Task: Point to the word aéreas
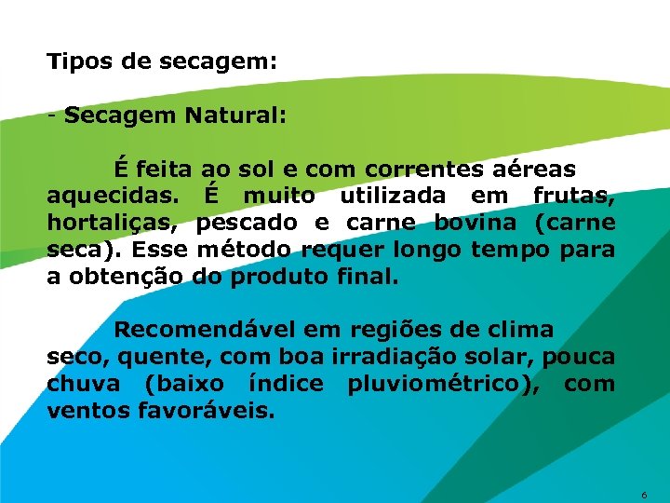tap(531, 170)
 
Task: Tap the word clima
tap(524, 330)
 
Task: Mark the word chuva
tap(83, 384)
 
